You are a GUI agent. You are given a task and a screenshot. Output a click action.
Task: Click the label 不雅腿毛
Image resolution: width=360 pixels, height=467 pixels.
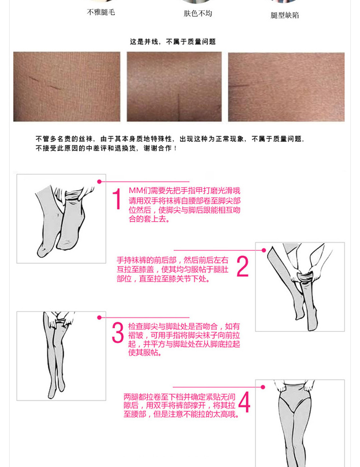click(101, 12)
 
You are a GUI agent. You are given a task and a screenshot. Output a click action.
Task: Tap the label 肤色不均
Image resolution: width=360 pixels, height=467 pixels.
click(198, 13)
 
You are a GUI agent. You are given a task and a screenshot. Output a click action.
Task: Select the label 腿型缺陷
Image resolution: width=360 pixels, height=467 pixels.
click(285, 15)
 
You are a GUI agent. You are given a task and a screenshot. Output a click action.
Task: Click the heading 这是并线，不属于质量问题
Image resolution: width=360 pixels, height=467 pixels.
click(173, 42)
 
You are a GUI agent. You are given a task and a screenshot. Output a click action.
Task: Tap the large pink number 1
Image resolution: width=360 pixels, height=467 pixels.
click(117, 199)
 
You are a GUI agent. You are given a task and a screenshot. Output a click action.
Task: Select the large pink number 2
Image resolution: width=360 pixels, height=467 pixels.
click(242, 266)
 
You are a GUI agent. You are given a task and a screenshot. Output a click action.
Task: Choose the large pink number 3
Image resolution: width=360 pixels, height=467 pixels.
click(118, 332)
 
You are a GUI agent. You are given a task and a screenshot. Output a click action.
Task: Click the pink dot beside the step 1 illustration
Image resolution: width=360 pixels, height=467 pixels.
click(99, 182)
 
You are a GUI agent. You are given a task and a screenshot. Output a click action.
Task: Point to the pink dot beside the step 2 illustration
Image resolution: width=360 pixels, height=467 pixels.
click(263, 250)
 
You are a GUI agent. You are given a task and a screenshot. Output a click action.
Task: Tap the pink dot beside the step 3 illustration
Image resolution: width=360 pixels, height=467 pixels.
click(99, 317)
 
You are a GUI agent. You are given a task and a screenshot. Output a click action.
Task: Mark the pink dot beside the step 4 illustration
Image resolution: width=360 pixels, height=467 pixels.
click(263, 387)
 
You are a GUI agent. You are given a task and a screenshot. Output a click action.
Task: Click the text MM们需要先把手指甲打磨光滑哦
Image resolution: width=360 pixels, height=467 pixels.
click(185, 191)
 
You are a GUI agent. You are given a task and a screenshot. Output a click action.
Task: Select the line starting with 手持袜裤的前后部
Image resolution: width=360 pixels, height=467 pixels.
click(173, 260)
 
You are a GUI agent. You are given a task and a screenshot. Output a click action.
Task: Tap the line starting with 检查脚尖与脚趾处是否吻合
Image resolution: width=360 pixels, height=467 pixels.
click(184, 327)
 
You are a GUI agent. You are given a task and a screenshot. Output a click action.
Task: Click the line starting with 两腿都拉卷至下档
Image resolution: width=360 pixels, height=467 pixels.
click(180, 397)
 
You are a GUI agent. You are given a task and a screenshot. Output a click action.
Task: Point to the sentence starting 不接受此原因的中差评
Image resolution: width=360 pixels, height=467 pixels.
click(106, 148)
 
